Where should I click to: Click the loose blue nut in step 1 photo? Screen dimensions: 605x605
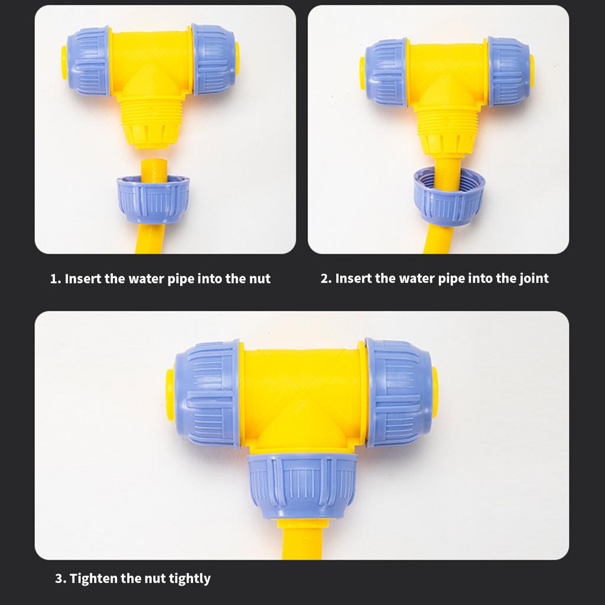click(152, 199)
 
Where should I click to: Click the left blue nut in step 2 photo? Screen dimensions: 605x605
click(385, 72)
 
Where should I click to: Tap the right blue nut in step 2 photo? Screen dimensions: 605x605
click(509, 71)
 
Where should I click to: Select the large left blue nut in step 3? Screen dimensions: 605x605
click(207, 393)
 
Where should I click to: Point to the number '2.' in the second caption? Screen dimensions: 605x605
click(326, 278)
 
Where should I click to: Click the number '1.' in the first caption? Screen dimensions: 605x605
click(56, 279)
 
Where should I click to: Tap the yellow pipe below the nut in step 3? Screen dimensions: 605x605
click(302, 541)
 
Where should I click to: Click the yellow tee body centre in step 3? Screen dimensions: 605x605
click(302, 396)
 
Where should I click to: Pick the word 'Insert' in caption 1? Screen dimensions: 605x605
click(83, 279)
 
